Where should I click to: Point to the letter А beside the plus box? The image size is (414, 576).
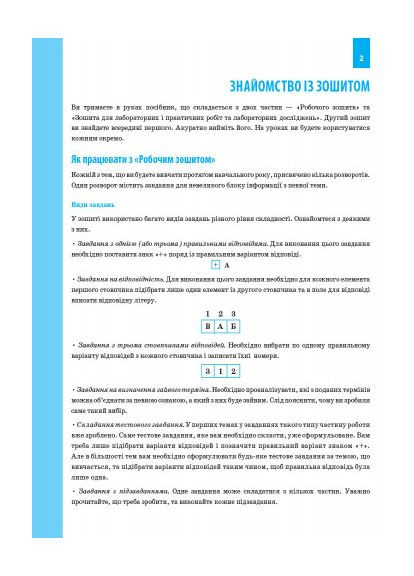228,266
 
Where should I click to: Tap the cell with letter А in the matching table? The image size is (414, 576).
220,326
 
